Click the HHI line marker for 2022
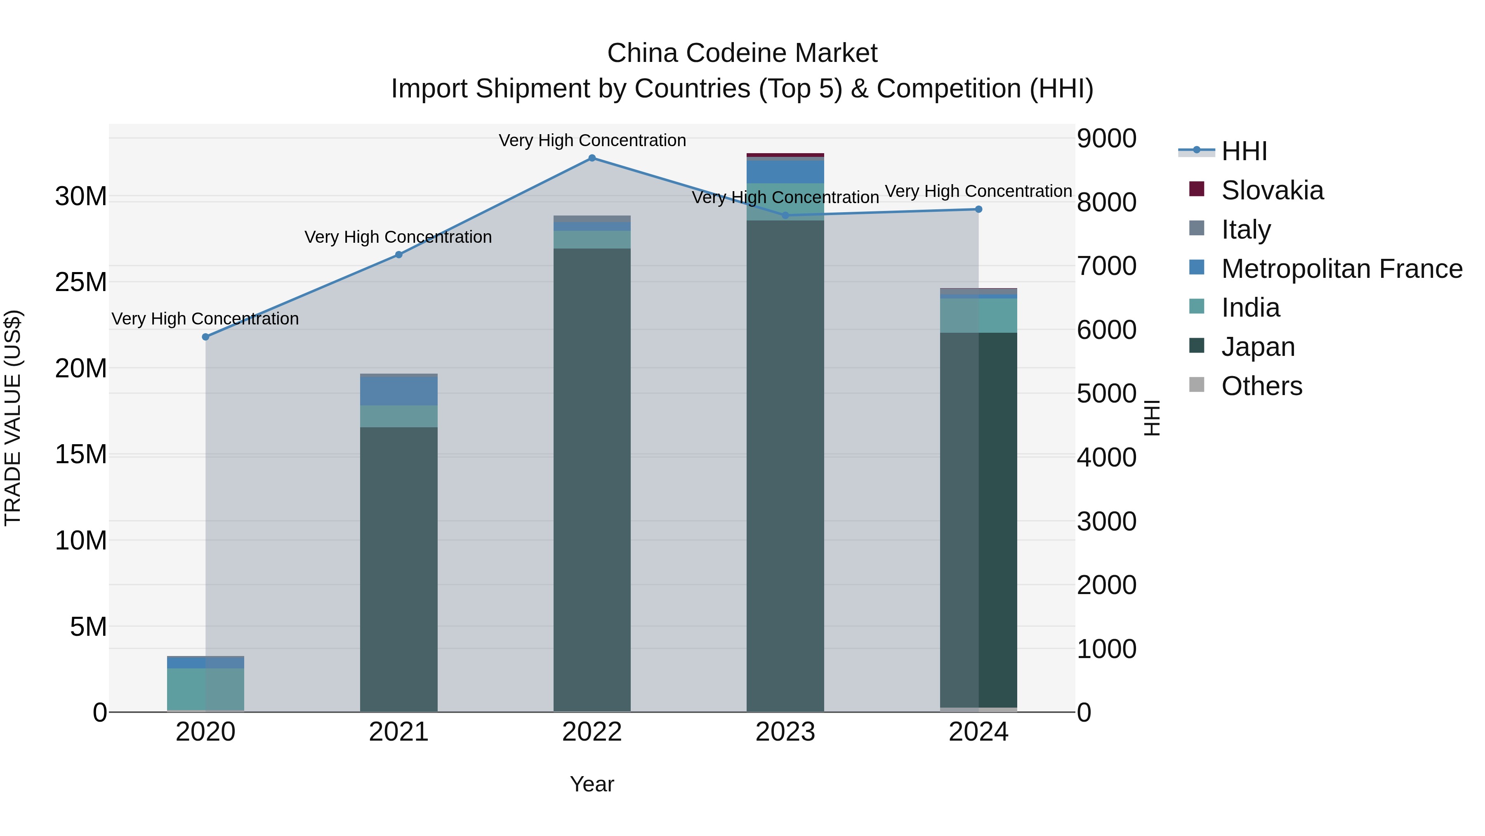point(592,158)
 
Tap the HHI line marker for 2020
point(205,336)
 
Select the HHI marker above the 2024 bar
point(978,209)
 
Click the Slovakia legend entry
point(1272,190)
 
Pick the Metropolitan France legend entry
point(1341,268)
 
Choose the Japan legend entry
point(1257,347)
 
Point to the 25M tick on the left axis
point(81,282)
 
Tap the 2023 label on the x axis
point(785,732)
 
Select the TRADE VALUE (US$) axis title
point(13,418)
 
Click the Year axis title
point(592,784)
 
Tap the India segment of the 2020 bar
point(205,689)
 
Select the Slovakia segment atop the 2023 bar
point(785,155)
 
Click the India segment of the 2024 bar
point(978,315)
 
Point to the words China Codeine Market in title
point(742,53)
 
